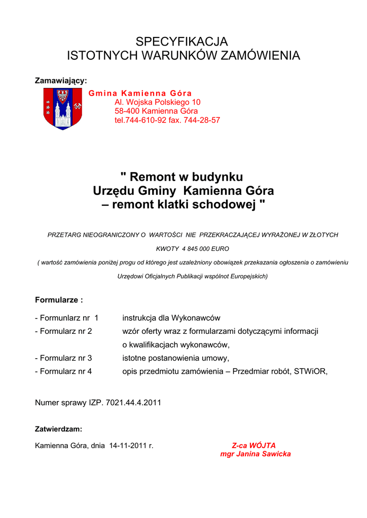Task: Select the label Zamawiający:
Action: click(61, 80)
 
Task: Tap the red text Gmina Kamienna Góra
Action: click(140, 93)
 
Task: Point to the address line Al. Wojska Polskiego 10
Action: click(158, 102)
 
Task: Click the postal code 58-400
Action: click(127, 111)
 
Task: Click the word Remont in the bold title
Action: click(153, 177)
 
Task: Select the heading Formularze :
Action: click(59, 300)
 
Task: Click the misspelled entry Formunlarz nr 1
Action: click(66, 318)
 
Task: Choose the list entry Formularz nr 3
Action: click(63, 358)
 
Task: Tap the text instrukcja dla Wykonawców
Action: click(171, 318)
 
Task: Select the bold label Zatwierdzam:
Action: click(58, 429)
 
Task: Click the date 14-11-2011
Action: click(128, 446)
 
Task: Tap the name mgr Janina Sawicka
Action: click(255, 454)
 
